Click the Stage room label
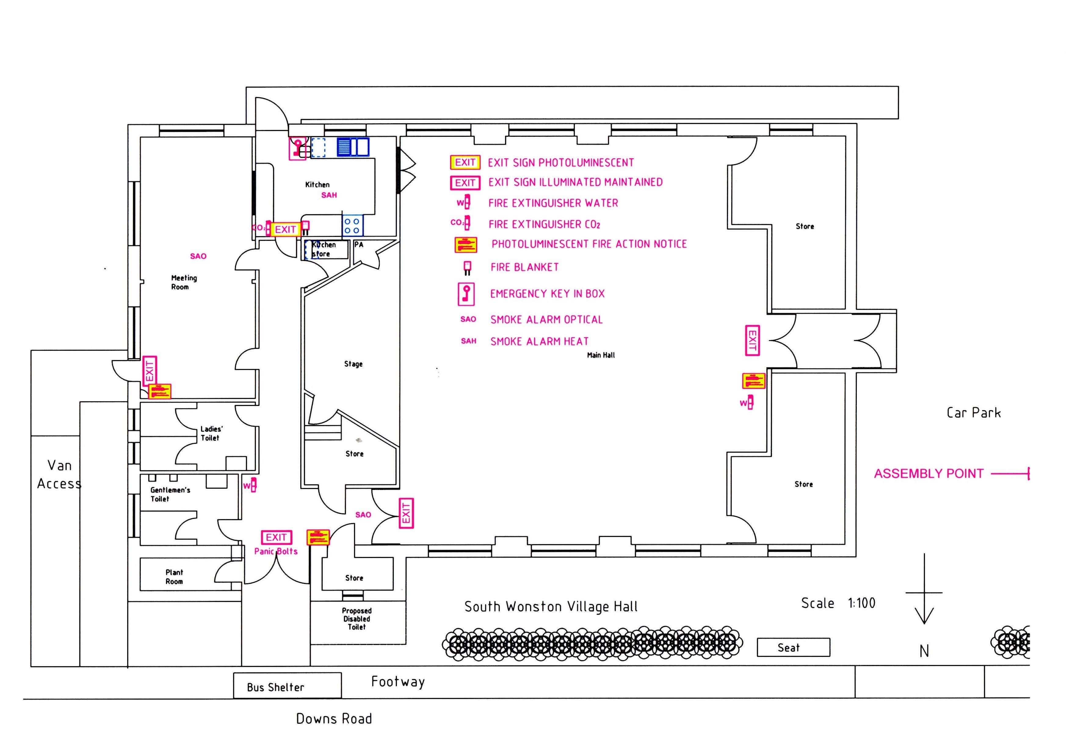(x=353, y=364)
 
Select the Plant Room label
(x=174, y=577)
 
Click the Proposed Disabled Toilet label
(x=357, y=619)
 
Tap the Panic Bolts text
(x=276, y=551)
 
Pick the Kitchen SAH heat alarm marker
(x=329, y=195)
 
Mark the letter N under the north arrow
(x=924, y=651)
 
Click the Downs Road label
(x=334, y=719)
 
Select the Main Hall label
(x=601, y=355)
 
